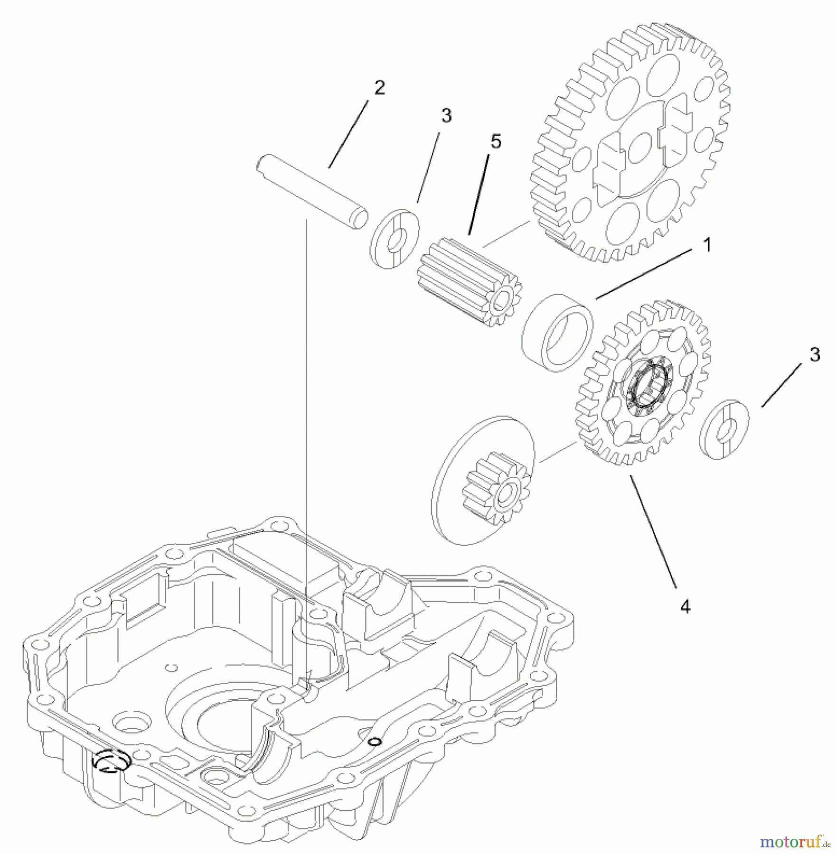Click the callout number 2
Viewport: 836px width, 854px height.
(x=379, y=88)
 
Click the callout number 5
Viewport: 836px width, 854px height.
(x=496, y=142)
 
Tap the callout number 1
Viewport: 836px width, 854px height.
(x=707, y=246)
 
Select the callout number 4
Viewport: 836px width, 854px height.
(x=685, y=606)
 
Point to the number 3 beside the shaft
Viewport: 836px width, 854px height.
(x=446, y=115)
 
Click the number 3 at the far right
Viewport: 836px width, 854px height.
(x=815, y=355)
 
